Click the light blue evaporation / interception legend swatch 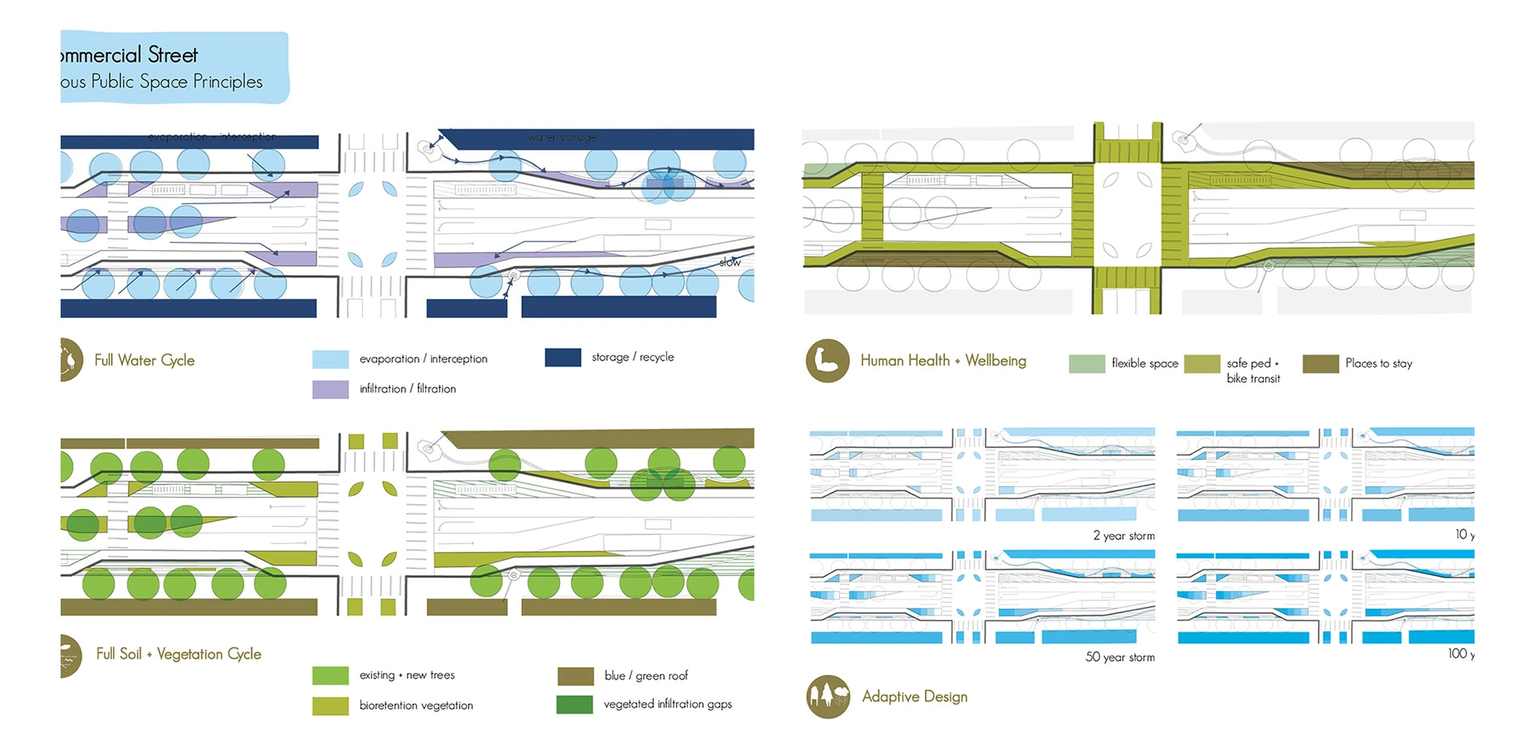(330, 359)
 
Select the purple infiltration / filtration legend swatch (330, 389)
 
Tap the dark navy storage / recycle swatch (563, 358)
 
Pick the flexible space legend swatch (1087, 364)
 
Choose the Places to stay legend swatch (1320, 364)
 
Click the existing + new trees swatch (330, 676)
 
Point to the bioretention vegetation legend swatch (330, 706)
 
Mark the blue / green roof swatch (576, 676)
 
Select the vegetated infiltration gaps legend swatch (575, 705)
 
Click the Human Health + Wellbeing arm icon (827, 361)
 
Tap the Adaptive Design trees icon (828, 697)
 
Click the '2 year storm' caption (1124, 536)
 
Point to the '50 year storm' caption (1120, 657)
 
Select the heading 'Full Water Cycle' (145, 360)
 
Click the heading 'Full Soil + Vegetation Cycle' (179, 654)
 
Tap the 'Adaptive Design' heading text (914, 697)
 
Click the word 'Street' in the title (173, 55)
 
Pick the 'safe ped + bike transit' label (1253, 371)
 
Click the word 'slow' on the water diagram (730, 262)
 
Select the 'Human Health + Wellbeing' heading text (943, 361)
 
